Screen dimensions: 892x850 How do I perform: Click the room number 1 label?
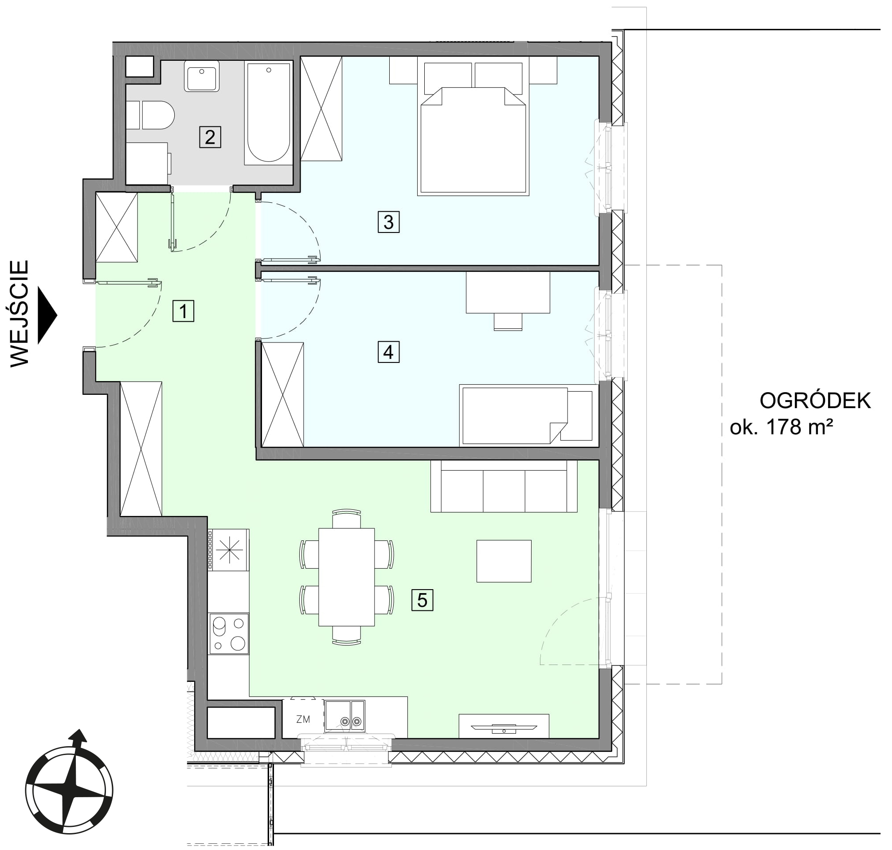tap(184, 311)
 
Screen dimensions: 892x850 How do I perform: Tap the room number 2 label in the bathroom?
tap(210, 137)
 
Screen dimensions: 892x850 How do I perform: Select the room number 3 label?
tap(388, 222)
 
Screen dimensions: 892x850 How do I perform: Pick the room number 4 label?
tap(388, 352)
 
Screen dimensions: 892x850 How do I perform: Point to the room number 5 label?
tap(422, 600)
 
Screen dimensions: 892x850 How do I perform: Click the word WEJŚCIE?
tap(20, 313)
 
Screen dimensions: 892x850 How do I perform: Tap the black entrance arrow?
tap(47, 315)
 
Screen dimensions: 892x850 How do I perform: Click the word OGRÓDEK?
tap(815, 401)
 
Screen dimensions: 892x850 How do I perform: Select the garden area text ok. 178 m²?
tap(782, 427)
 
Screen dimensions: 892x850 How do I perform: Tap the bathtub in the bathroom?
tap(269, 113)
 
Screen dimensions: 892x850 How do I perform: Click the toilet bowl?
tap(158, 115)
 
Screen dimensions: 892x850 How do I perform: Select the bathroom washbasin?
tap(202, 76)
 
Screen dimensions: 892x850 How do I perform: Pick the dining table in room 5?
tap(346, 577)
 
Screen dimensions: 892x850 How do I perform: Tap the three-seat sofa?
tap(504, 486)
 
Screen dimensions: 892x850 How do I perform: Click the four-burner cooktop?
tap(229, 634)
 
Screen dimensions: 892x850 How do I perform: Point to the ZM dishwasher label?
tap(303, 719)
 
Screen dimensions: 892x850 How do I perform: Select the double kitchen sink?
tap(344, 716)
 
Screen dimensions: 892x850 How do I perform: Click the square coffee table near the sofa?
tap(504, 561)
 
